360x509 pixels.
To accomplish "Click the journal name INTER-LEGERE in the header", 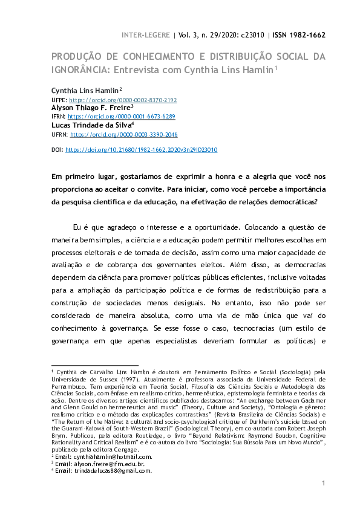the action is point(147,34).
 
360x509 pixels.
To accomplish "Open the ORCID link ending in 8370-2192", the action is point(123,100).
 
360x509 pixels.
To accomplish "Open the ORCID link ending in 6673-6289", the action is point(122,116).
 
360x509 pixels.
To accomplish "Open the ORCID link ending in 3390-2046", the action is point(124,134).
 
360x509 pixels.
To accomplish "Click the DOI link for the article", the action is point(141,149).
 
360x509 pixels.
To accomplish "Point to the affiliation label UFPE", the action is point(59,100).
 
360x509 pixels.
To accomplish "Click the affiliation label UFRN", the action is point(59,134).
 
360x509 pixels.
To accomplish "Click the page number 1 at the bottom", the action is point(324,483).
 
